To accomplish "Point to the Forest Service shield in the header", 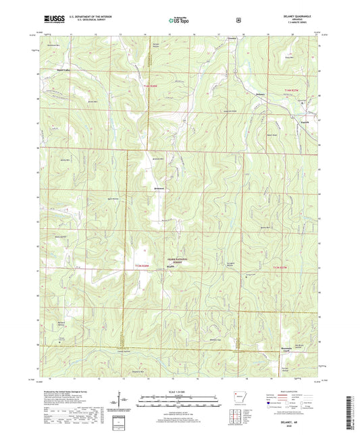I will point(238,20).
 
